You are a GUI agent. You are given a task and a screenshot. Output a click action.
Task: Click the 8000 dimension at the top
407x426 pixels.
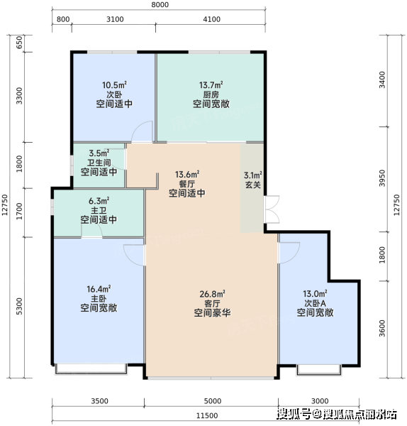point(160,5)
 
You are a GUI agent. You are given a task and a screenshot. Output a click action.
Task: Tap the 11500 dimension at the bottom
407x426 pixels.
point(207,415)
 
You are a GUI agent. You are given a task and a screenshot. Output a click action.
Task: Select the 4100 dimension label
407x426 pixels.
point(211,19)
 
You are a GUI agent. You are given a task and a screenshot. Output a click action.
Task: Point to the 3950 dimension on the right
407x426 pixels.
point(382,178)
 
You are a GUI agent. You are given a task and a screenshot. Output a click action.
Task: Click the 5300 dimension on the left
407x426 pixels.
point(19,306)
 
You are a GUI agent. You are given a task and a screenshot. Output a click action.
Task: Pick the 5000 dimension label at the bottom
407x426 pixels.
point(213,401)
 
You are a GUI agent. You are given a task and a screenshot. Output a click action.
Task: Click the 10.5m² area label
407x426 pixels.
point(114,85)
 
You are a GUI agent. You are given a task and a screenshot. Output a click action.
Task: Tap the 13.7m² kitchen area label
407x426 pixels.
point(211,85)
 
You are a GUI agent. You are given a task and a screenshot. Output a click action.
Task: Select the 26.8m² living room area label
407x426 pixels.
point(212,294)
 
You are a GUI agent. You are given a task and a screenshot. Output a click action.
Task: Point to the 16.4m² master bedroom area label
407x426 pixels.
point(99,289)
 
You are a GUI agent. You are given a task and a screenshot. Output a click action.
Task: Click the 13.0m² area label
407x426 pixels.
point(315,294)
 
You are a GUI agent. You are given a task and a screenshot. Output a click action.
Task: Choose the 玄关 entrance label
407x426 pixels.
point(253,185)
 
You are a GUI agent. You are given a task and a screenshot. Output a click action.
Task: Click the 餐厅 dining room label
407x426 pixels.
point(187,184)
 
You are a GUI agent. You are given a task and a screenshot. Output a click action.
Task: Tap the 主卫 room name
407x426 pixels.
point(99,210)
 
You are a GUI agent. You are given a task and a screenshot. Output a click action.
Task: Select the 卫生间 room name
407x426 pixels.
point(99,163)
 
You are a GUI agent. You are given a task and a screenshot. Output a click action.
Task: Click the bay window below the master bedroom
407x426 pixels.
point(91,369)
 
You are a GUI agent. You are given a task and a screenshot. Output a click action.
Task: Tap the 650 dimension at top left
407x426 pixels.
point(19,43)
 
